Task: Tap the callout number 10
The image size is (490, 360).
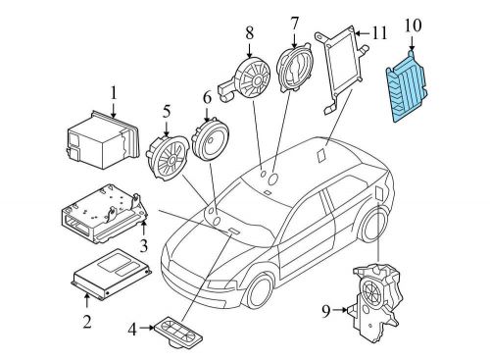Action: [x=413, y=26]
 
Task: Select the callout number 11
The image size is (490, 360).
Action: [x=379, y=33]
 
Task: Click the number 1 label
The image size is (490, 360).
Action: [x=114, y=93]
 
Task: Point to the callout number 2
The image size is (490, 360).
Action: [x=86, y=322]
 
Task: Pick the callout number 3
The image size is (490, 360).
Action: [x=143, y=245]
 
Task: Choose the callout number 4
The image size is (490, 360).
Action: [x=132, y=330]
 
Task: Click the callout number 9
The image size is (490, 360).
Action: [x=326, y=311]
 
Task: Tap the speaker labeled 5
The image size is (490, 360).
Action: [x=168, y=158]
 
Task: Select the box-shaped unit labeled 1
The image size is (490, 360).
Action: [x=103, y=140]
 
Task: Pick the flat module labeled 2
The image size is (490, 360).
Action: [x=111, y=274]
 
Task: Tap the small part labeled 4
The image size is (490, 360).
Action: [x=178, y=332]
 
